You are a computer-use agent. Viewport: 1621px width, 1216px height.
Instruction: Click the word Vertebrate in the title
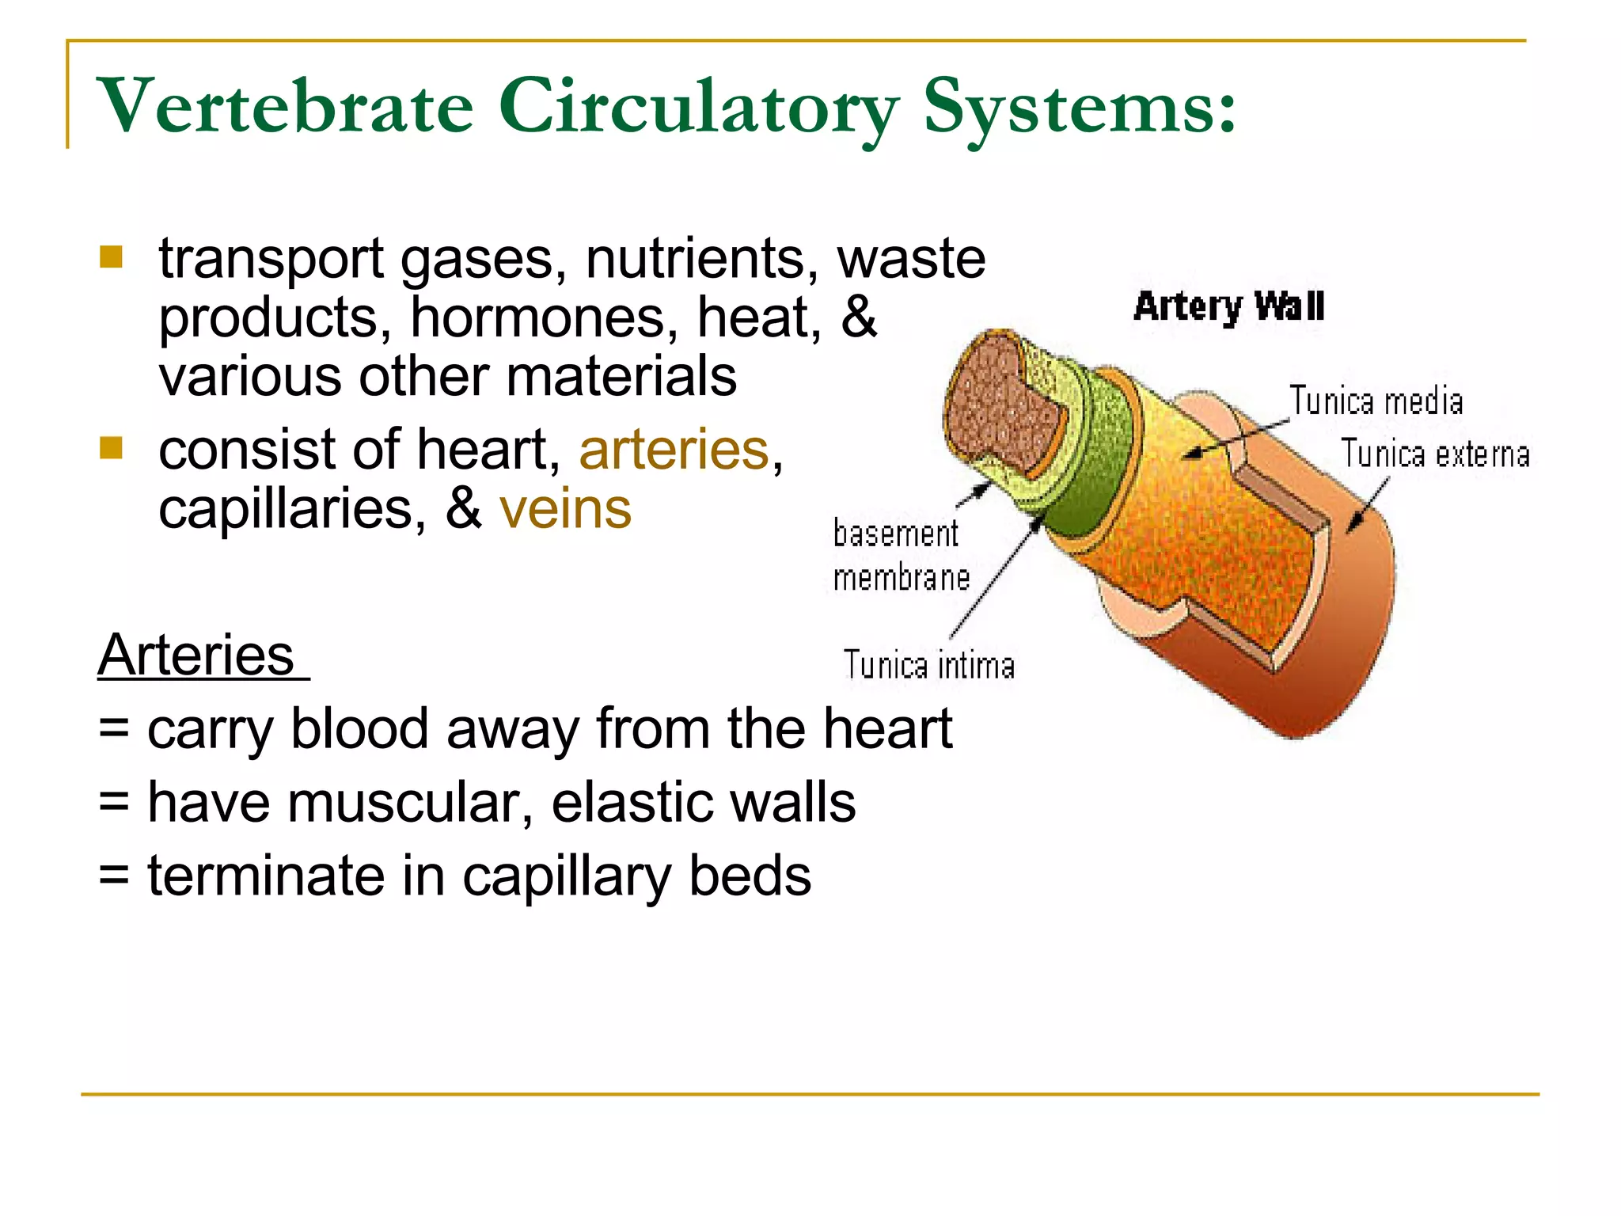pyautogui.click(x=285, y=107)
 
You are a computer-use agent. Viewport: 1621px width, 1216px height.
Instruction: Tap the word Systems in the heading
pyautogui.click(x=1078, y=107)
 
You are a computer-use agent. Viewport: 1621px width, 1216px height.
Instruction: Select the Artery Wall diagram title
pyautogui.click(x=1228, y=307)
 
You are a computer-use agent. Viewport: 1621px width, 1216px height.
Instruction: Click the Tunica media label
pyautogui.click(x=1376, y=401)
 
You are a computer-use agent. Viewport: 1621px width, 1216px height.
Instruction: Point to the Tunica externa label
pyautogui.click(x=1434, y=454)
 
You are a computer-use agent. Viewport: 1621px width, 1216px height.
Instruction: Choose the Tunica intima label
pyautogui.click(x=928, y=665)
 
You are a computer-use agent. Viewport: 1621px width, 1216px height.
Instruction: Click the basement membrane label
pyautogui.click(x=900, y=555)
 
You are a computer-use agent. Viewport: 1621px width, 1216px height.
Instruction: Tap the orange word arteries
pyautogui.click(x=674, y=450)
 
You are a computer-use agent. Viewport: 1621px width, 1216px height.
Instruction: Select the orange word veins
pyautogui.click(x=565, y=509)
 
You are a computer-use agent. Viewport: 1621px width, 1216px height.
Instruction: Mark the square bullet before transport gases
pyautogui.click(x=112, y=257)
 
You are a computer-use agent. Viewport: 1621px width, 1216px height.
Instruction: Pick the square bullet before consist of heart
pyautogui.click(x=112, y=448)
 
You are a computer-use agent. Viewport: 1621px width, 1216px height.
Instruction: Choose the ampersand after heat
pyautogui.click(x=859, y=317)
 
